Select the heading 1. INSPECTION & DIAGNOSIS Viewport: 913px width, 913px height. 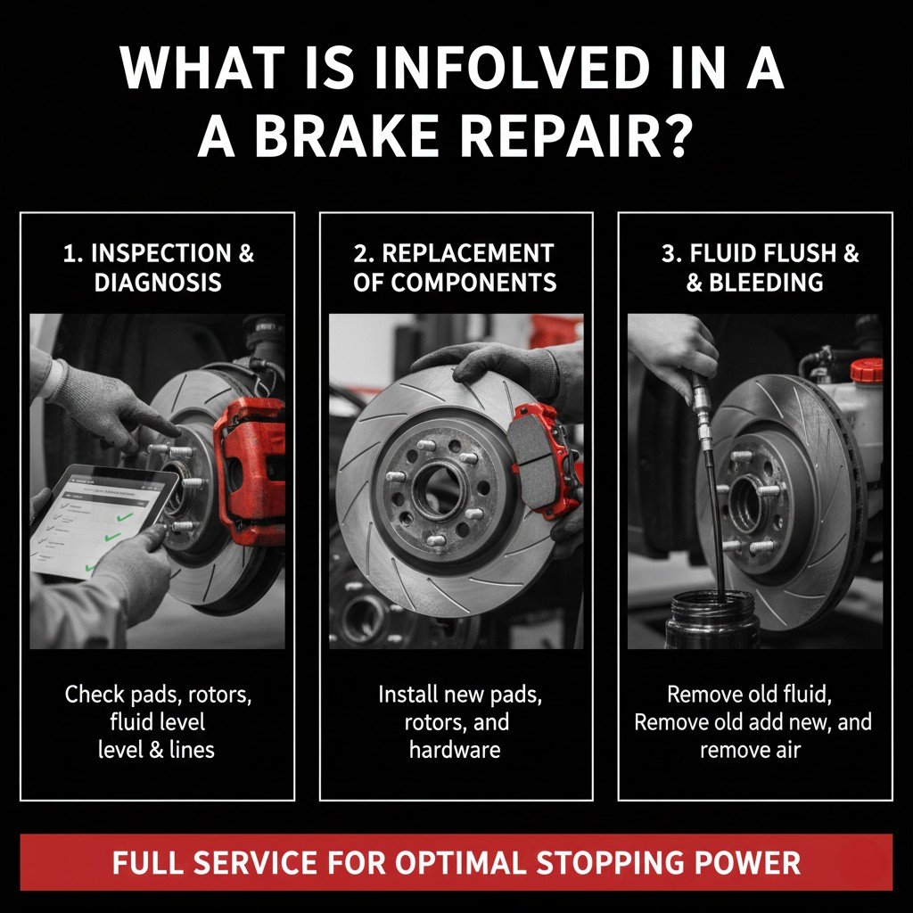(x=158, y=267)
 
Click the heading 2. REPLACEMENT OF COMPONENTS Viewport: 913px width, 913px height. (x=455, y=267)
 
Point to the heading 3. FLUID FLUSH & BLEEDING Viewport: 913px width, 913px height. (x=754, y=267)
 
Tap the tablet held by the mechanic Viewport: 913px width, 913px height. (x=98, y=522)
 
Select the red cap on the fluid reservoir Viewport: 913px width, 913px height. (x=866, y=370)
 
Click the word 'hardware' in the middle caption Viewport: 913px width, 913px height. (x=455, y=749)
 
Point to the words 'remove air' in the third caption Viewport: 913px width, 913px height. (x=750, y=749)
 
